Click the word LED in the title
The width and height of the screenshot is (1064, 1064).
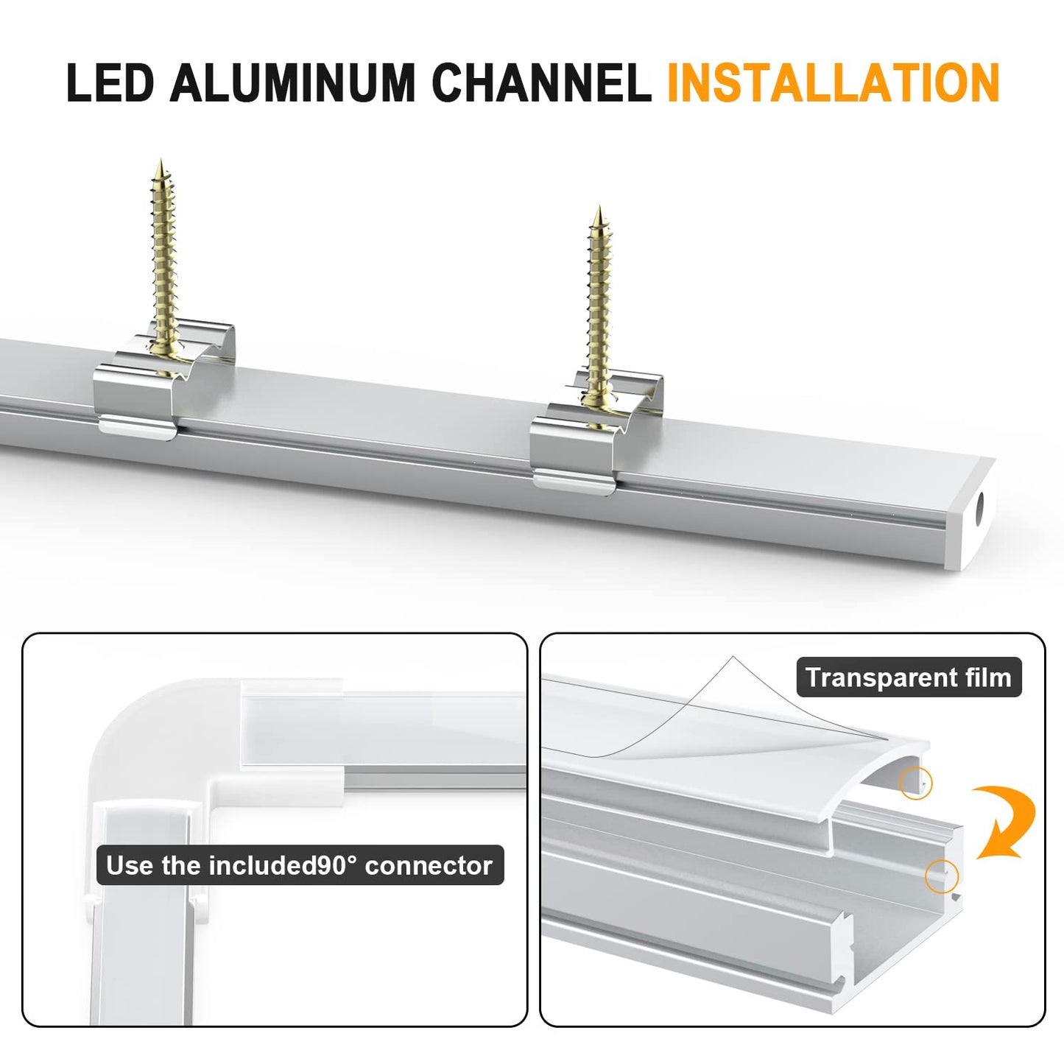pos(110,82)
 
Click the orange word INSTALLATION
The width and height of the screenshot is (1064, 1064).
pos(834,82)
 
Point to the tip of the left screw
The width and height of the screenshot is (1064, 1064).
pos(161,160)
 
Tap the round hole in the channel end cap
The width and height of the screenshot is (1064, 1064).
pos(979,506)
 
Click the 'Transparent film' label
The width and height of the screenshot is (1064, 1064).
pos(909,677)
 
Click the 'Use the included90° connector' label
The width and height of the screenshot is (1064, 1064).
pos(299,865)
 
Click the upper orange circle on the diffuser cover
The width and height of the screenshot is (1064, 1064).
pos(915,783)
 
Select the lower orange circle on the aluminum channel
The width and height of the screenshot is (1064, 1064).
pos(942,875)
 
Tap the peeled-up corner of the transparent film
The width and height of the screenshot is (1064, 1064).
pos(733,658)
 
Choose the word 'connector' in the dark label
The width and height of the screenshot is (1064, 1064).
pos(429,865)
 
